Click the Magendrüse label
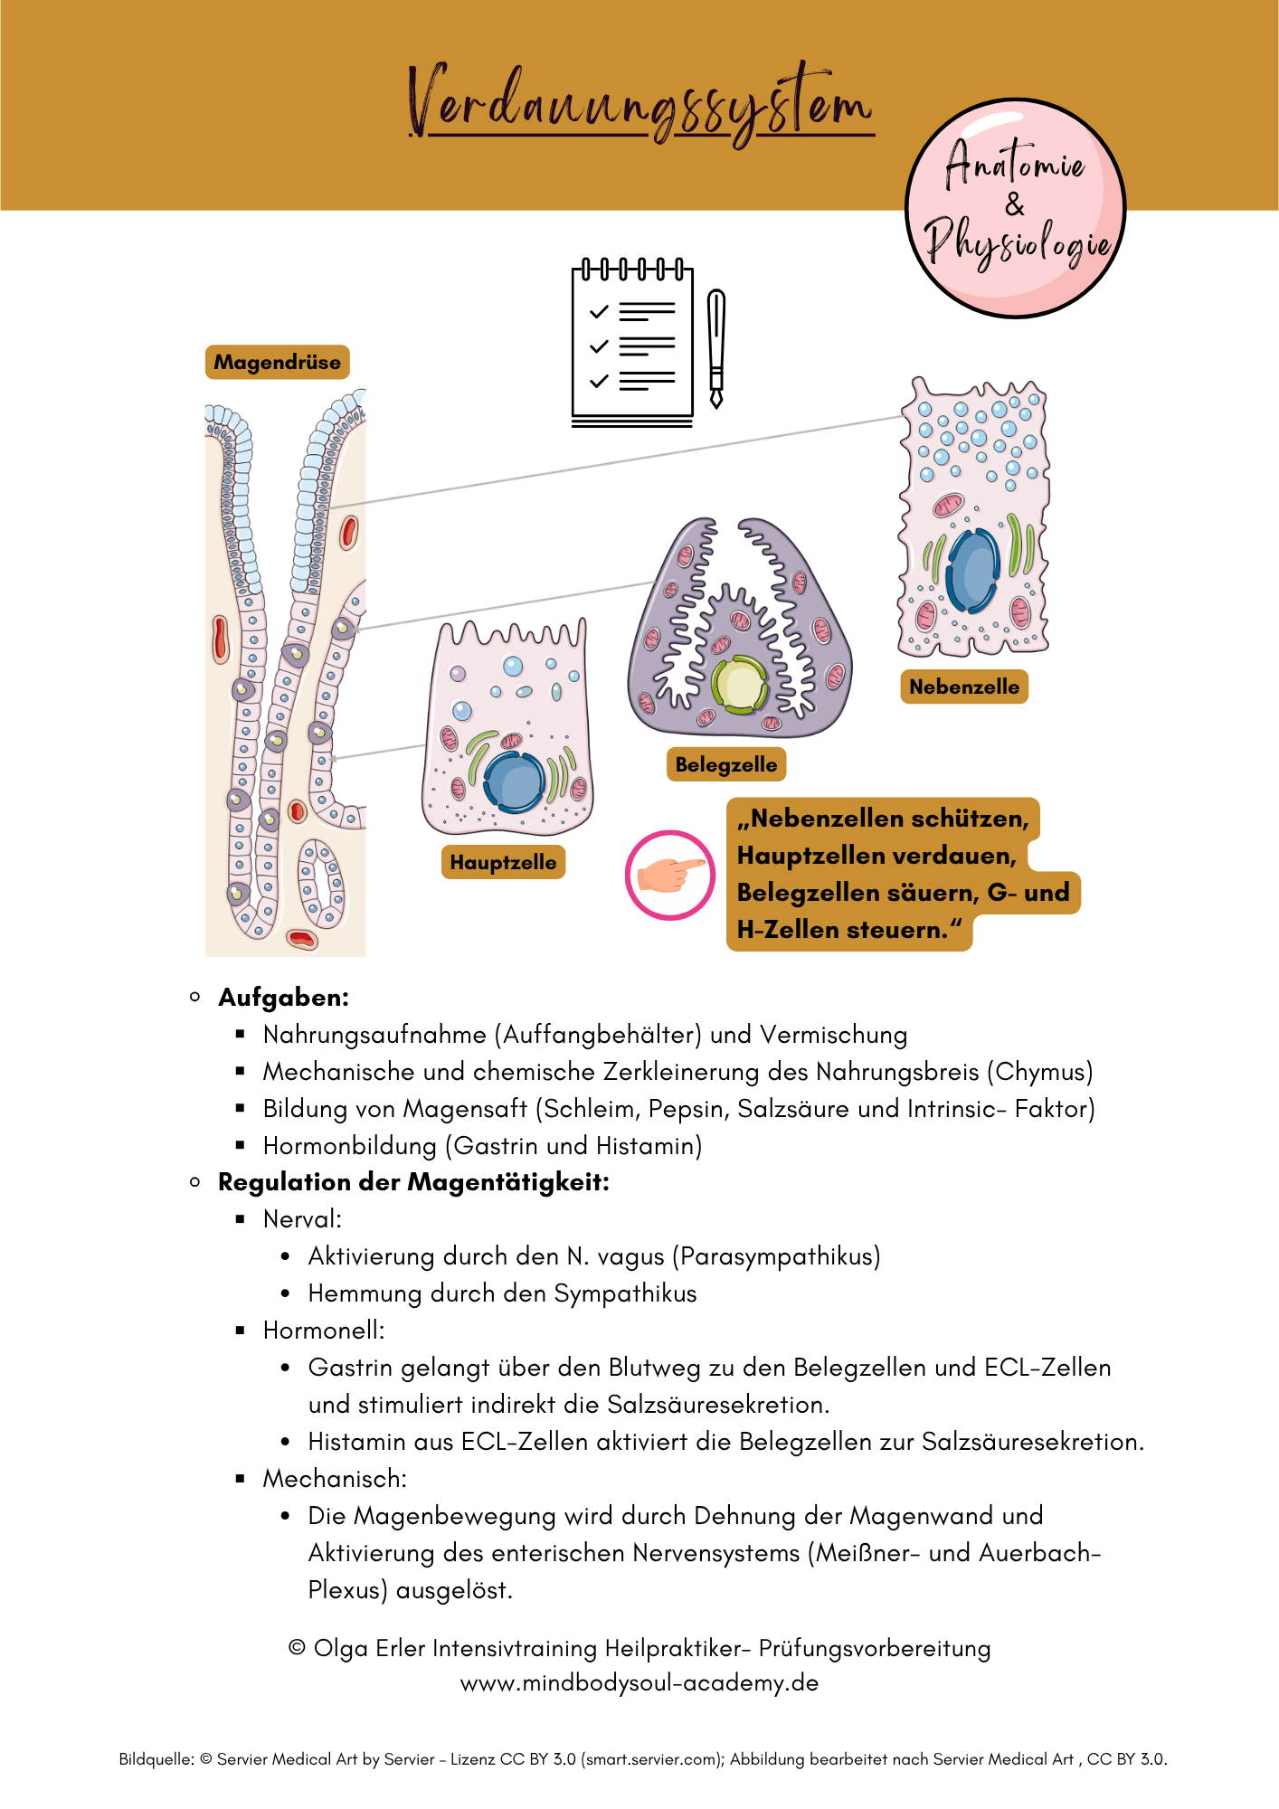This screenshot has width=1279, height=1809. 277,363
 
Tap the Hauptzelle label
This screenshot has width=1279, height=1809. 503,863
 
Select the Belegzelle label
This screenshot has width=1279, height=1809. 725,765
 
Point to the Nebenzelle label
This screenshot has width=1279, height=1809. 963,687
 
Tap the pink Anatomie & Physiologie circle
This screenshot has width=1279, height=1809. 1015,209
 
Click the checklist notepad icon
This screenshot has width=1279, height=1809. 632,344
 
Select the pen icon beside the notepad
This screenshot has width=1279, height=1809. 716,348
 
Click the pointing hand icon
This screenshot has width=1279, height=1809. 670,875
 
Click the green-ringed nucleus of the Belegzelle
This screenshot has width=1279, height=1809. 740,686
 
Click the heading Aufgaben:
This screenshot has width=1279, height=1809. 283,998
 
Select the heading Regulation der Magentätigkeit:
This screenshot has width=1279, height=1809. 413,1182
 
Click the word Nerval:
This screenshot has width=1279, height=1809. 302,1219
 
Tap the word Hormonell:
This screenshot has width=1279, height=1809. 324,1331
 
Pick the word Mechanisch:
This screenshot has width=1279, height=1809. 335,1479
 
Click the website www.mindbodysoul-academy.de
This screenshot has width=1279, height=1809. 639,1683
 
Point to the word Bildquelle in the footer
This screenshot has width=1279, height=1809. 156,1759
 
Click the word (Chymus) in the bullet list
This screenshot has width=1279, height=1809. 1039,1072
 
